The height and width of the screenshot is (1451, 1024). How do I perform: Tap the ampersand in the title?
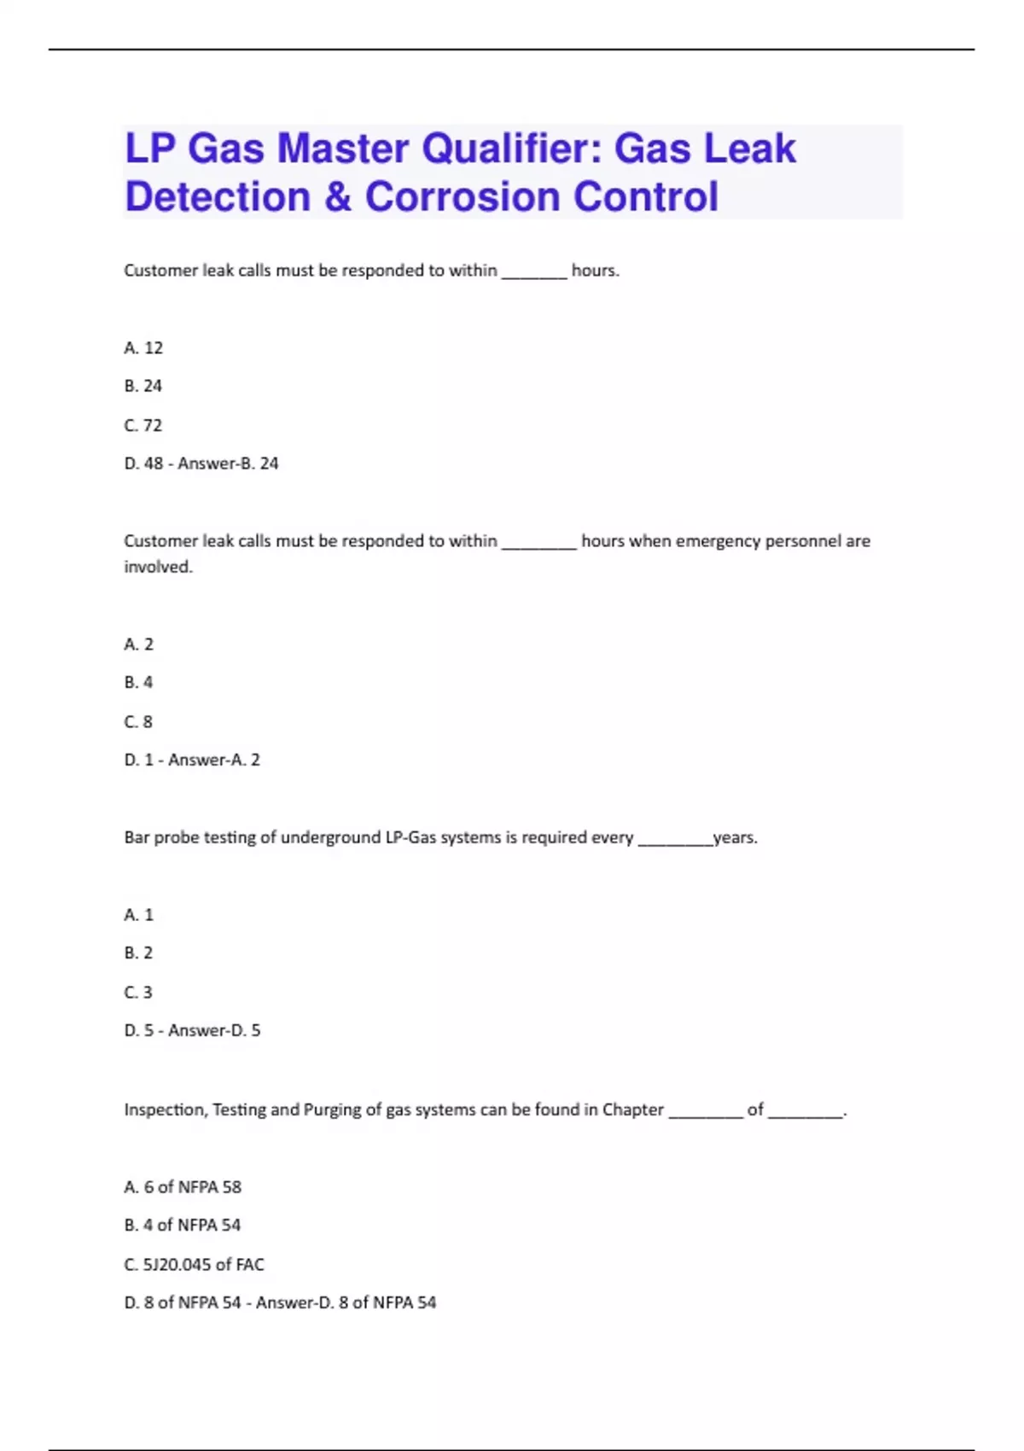pyautogui.click(x=338, y=196)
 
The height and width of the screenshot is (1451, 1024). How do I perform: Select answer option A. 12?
pyautogui.click(x=143, y=347)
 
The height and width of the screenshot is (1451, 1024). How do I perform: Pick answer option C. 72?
pyautogui.click(x=143, y=425)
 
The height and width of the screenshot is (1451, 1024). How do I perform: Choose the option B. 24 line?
pyautogui.click(x=143, y=386)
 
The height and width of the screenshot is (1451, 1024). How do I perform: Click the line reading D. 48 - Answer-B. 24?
pyautogui.click(x=201, y=463)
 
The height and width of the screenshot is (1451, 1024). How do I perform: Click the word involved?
pyautogui.click(x=158, y=567)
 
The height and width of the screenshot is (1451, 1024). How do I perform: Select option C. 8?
pyautogui.click(x=138, y=722)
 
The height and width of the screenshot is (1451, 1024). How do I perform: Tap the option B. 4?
pyautogui.click(x=138, y=683)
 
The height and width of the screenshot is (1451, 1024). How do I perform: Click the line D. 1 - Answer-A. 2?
pyautogui.click(x=192, y=760)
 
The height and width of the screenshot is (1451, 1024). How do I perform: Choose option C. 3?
pyautogui.click(x=138, y=993)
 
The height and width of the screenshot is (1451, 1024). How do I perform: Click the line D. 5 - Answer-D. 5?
pyautogui.click(x=192, y=1030)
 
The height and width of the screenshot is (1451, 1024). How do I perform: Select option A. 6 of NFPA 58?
pyautogui.click(x=183, y=1187)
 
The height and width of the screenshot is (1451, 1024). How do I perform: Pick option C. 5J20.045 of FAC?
pyautogui.click(x=194, y=1264)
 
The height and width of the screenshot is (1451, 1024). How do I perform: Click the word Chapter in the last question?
pyautogui.click(x=632, y=1110)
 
